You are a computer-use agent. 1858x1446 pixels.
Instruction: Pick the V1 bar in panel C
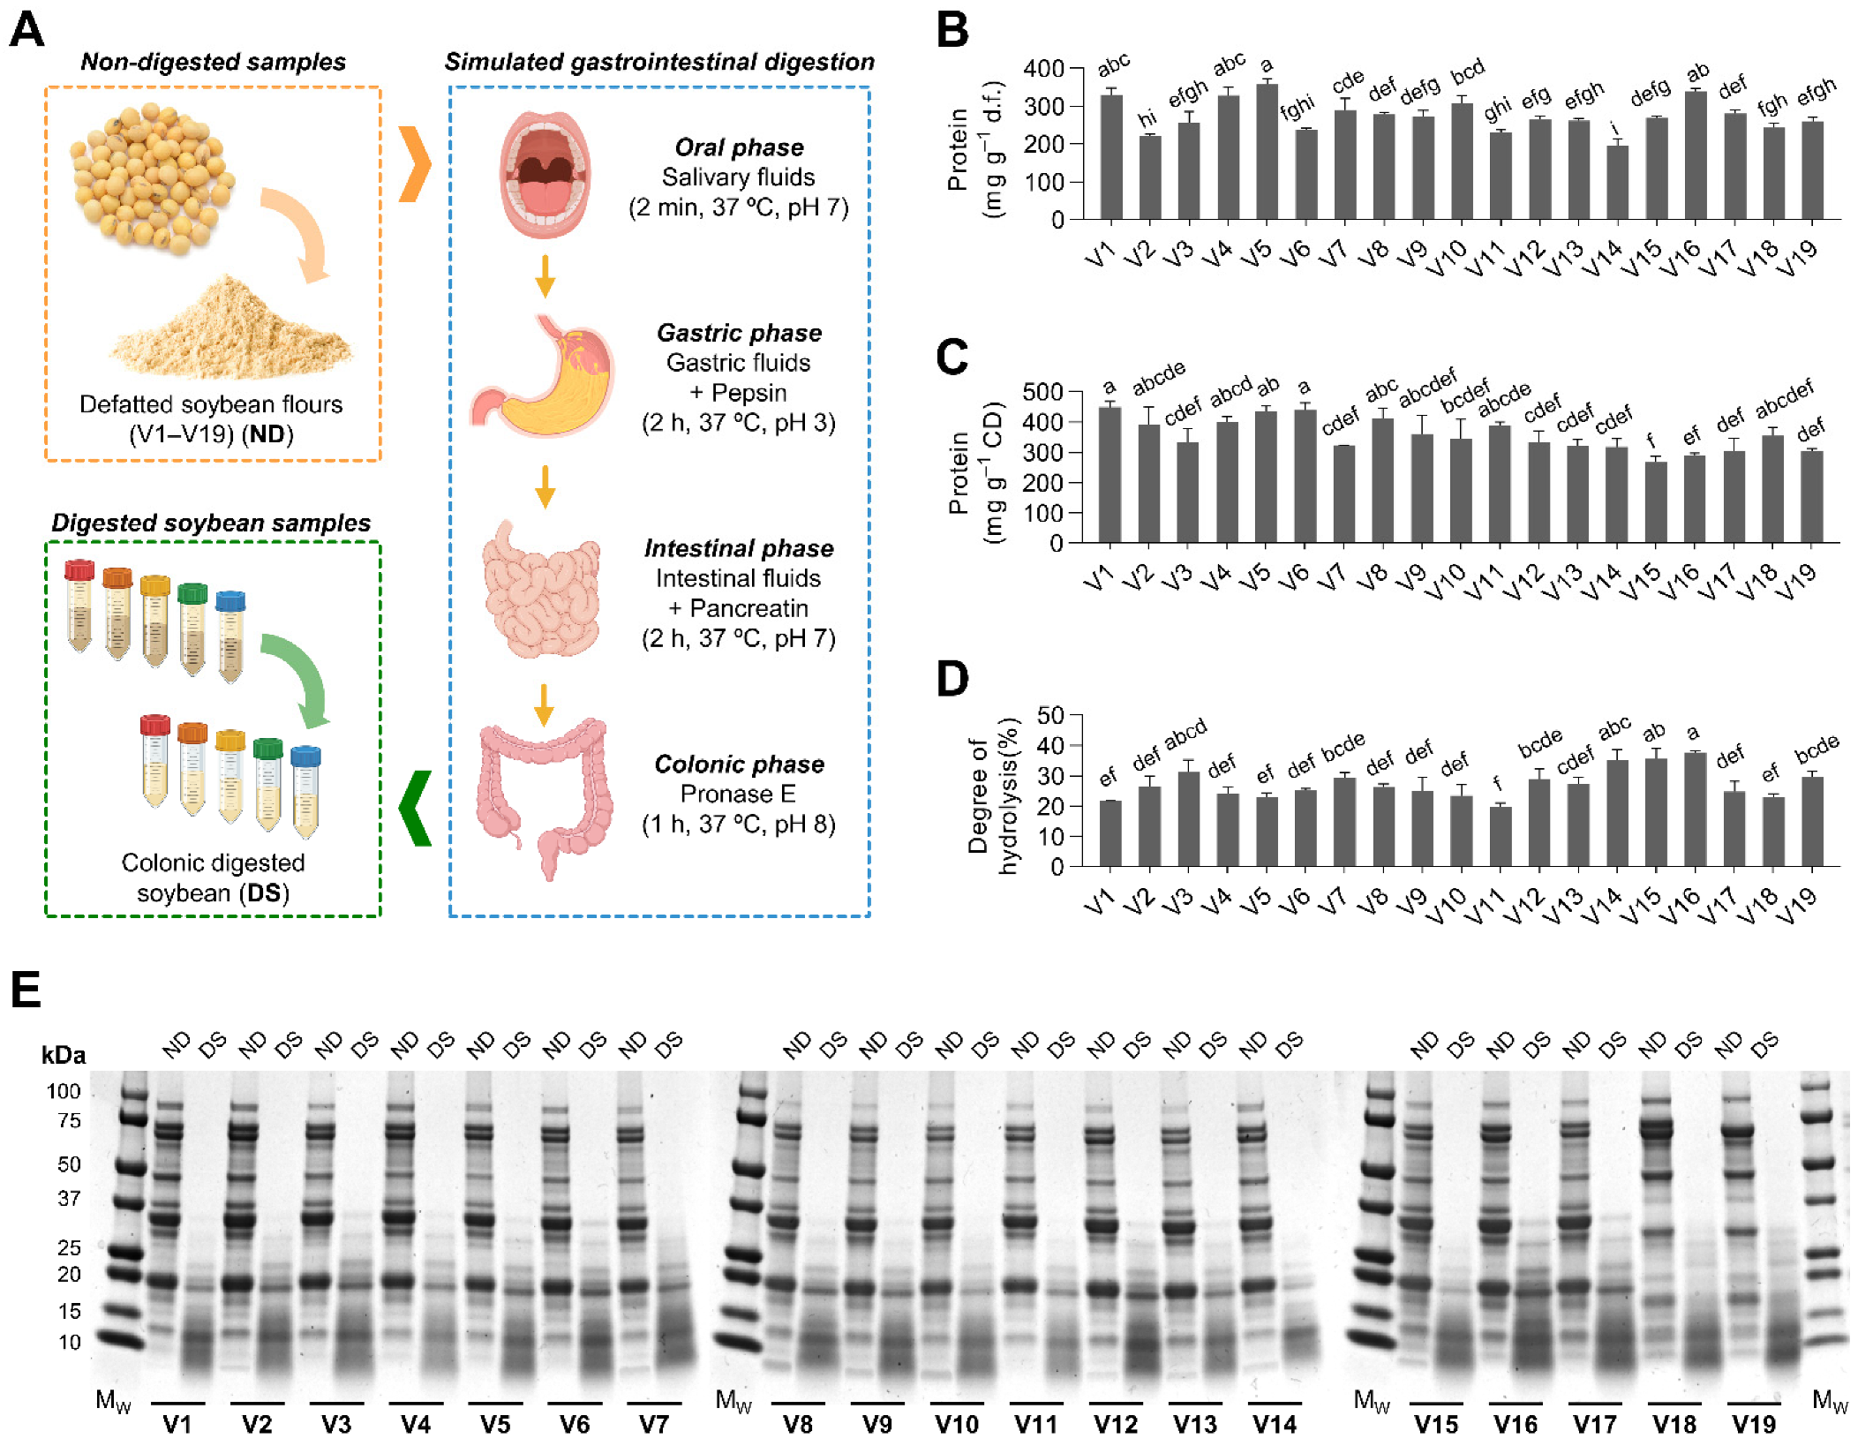(1110, 474)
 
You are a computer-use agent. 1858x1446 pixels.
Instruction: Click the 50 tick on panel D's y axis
(1049, 715)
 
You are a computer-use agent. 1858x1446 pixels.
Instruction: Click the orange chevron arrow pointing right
(415, 164)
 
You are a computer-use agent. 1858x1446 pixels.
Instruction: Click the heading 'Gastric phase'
(739, 333)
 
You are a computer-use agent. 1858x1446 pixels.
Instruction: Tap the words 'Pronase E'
(738, 794)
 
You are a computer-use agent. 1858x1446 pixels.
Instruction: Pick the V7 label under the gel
(653, 1424)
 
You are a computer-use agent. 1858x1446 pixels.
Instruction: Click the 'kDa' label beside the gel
(64, 1055)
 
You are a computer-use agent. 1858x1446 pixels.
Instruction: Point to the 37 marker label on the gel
(69, 1198)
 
